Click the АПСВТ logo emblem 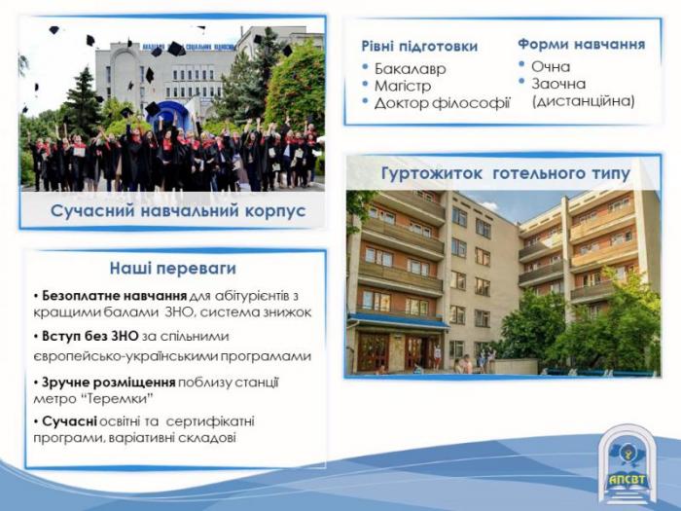[627, 465]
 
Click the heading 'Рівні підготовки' [419, 46]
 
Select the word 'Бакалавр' [410, 69]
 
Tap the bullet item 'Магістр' [403, 86]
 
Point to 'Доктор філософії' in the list [442, 103]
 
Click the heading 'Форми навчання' [581, 44]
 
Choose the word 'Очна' [551, 66]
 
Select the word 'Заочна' [558, 84]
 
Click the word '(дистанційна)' [584, 101]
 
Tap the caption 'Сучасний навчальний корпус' [178, 211]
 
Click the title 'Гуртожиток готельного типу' [506, 173]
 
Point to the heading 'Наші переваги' [173, 268]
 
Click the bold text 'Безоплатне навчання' [114, 296]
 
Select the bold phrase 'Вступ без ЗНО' [90, 336]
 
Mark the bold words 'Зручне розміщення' [109, 383]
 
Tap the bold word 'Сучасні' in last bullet [69, 421]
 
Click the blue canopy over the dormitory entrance [397, 320]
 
